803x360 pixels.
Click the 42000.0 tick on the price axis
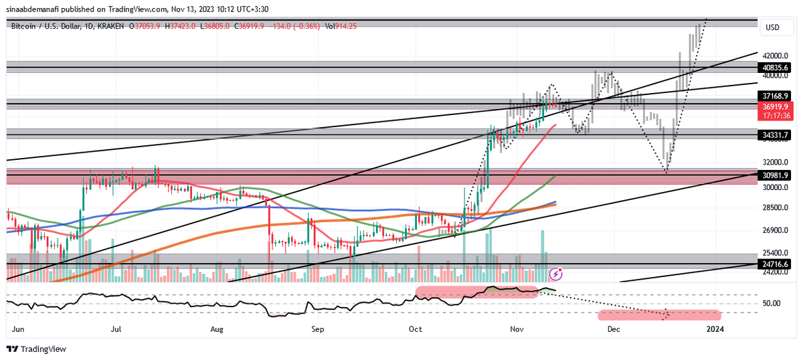pyautogui.click(x=777, y=56)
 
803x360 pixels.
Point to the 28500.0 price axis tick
pyautogui.click(x=777, y=208)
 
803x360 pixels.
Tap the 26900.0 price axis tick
pyautogui.click(x=777, y=231)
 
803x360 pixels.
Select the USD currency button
pyautogui.click(x=773, y=27)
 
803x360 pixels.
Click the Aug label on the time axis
pyautogui.click(x=216, y=329)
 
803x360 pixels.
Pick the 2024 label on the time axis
pyautogui.click(x=715, y=329)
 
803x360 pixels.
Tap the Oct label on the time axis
pyautogui.click(x=416, y=329)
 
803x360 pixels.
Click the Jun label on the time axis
pyautogui.click(x=18, y=329)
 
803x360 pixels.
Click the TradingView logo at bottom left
pyautogui.click(x=37, y=349)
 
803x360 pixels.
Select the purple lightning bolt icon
pyautogui.click(x=555, y=274)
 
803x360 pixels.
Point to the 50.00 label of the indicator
pyautogui.click(x=772, y=303)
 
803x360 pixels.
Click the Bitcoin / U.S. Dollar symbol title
pyautogui.click(x=47, y=25)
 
